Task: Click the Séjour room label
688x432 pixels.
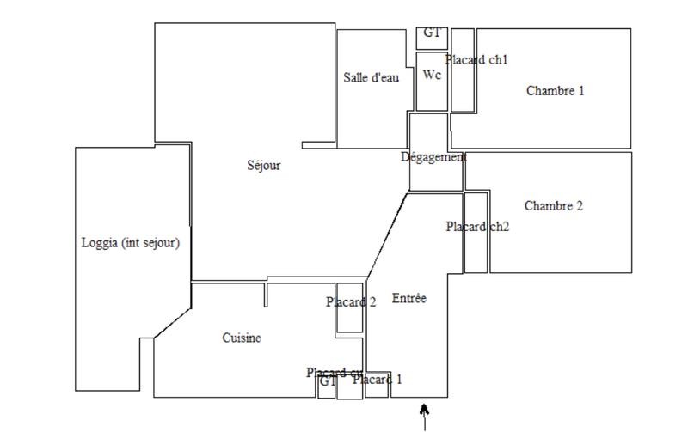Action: (x=263, y=166)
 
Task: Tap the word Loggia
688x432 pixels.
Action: (x=99, y=243)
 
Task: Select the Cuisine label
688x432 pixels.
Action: (x=242, y=338)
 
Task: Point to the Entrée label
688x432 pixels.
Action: (x=408, y=298)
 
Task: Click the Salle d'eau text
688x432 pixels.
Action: (x=371, y=77)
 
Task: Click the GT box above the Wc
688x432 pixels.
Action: (x=432, y=34)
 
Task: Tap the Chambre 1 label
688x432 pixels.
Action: (x=555, y=90)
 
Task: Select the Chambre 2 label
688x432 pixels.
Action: (x=553, y=206)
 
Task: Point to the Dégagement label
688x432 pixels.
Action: (x=433, y=157)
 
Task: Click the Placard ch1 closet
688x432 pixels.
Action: (x=463, y=86)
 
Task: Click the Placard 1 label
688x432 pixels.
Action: (x=377, y=380)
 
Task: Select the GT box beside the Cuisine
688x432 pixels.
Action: (x=326, y=385)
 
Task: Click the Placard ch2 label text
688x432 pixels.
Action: (x=478, y=227)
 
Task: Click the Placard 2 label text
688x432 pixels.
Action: (x=351, y=302)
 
